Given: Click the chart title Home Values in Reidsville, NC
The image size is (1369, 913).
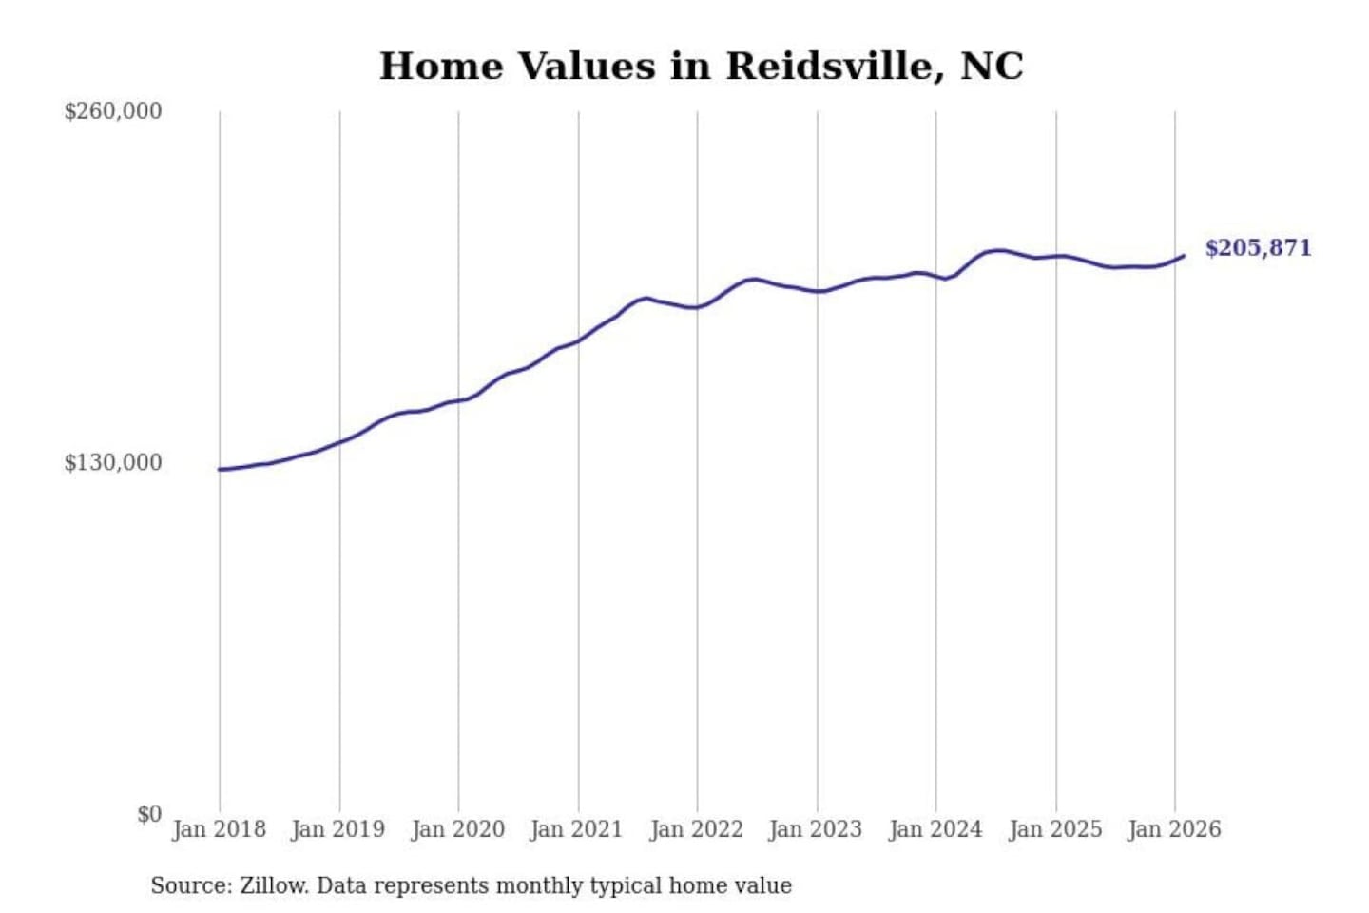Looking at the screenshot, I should point(701,66).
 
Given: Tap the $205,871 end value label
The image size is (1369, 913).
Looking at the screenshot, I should point(1257,248).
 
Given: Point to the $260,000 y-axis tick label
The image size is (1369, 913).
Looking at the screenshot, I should point(113,111).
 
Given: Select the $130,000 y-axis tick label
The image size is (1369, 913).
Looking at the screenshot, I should point(113,462).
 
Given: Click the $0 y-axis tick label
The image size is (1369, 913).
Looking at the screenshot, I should point(148,814).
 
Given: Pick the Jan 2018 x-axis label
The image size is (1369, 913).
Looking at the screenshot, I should point(219,829).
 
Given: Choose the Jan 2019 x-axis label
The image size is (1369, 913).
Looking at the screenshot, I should point(337,829).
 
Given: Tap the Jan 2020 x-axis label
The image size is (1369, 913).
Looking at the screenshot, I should point(457,829).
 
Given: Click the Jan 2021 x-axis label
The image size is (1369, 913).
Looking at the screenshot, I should point(576,829).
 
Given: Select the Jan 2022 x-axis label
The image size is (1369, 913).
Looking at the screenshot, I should point(696,829).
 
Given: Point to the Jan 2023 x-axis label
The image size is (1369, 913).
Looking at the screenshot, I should point(815,829).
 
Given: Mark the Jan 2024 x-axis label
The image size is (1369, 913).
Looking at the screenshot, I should point(935,829).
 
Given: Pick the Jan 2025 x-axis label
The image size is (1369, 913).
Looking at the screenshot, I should point(1054,829).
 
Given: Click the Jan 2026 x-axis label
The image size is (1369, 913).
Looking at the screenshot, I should point(1173,829).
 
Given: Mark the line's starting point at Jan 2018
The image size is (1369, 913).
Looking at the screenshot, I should point(220,469).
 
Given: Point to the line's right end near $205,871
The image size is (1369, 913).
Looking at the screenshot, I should point(1184,255).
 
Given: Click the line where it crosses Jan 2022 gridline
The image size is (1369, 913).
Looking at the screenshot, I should point(697,307).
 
